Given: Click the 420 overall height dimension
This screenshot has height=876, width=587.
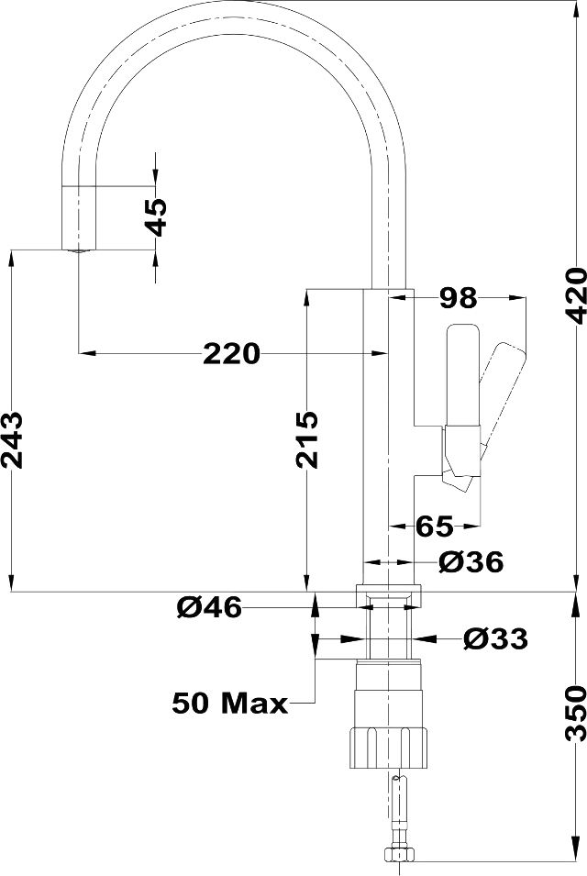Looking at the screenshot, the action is (575, 295).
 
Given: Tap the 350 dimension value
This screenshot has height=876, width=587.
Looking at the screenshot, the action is (575, 714).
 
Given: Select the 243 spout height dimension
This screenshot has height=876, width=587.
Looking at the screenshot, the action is (12, 439).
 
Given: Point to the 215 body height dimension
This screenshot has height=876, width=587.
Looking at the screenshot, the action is (306, 439).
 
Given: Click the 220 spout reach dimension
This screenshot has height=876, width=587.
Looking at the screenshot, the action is (231, 353).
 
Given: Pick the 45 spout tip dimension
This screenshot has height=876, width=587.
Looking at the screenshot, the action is (155, 216).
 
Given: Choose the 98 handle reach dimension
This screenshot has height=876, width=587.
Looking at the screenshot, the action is (458, 298).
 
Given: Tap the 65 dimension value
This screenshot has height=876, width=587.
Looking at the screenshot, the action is (434, 526).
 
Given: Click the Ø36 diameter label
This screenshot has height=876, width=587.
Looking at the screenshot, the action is (471, 561).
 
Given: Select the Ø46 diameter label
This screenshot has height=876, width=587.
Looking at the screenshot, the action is (209, 606).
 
